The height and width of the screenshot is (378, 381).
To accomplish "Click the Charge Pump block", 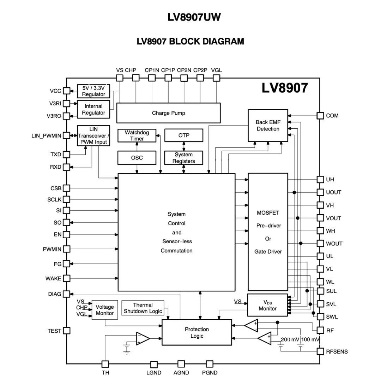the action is pyautogui.click(x=168, y=113).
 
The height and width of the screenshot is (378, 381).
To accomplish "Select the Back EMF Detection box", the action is pyautogui.click(x=268, y=126).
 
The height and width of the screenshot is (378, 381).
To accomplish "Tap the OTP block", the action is pyautogui.click(x=184, y=135).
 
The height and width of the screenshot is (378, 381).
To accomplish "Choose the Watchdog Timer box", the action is pyautogui.click(x=137, y=135).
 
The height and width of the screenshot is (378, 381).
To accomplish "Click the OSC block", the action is pyautogui.click(x=137, y=158).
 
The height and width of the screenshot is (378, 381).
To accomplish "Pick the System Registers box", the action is pyautogui.click(x=184, y=158).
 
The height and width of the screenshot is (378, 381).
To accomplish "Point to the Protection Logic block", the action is pyautogui.click(x=196, y=332).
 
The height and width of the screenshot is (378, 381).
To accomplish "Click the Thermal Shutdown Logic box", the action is pyautogui.click(x=143, y=308).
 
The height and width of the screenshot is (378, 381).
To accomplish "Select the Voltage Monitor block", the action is pyautogui.click(x=105, y=310).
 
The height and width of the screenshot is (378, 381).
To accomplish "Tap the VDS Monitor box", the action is pyautogui.click(x=267, y=305).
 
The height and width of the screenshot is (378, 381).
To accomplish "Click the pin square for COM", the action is pyautogui.click(x=320, y=116).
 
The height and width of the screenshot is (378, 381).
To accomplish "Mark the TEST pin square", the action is pyautogui.click(x=67, y=331).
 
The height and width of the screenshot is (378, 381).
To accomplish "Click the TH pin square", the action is pyautogui.click(x=105, y=364).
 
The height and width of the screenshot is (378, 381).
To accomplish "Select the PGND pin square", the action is pyautogui.click(x=210, y=364).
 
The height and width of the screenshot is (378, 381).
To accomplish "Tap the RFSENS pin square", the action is pyautogui.click(x=320, y=351).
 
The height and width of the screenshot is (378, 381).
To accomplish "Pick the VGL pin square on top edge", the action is pyautogui.click(x=216, y=78).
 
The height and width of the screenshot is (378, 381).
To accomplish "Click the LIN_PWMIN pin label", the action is pyautogui.click(x=46, y=136).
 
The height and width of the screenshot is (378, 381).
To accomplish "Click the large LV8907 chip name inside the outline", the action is pyautogui.click(x=285, y=88).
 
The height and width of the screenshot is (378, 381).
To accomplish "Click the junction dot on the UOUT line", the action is pyautogui.click(x=294, y=192).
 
